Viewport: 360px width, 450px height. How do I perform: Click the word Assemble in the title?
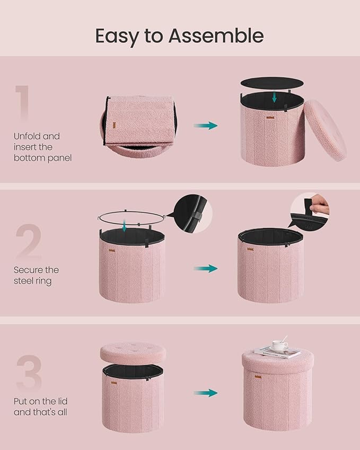click(x=216, y=36)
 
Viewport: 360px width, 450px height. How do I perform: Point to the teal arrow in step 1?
click(x=205, y=126)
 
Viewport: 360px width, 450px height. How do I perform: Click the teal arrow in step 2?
click(x=205, y=268)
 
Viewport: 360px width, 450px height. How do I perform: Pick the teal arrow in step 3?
click(x=205, y=393)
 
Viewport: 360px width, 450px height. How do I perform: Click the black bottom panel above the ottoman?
click(x=273, y=84)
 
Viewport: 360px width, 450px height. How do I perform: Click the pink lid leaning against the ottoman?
click(x=325, y=130)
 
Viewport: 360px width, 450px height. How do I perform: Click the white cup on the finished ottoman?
click(x=279, y=346)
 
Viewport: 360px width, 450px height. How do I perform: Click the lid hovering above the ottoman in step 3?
click(x=133, y=353)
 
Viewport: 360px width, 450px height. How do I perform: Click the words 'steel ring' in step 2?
click(x=33, y=281)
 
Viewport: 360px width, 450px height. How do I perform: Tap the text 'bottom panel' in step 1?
click(x=43, y=157)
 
